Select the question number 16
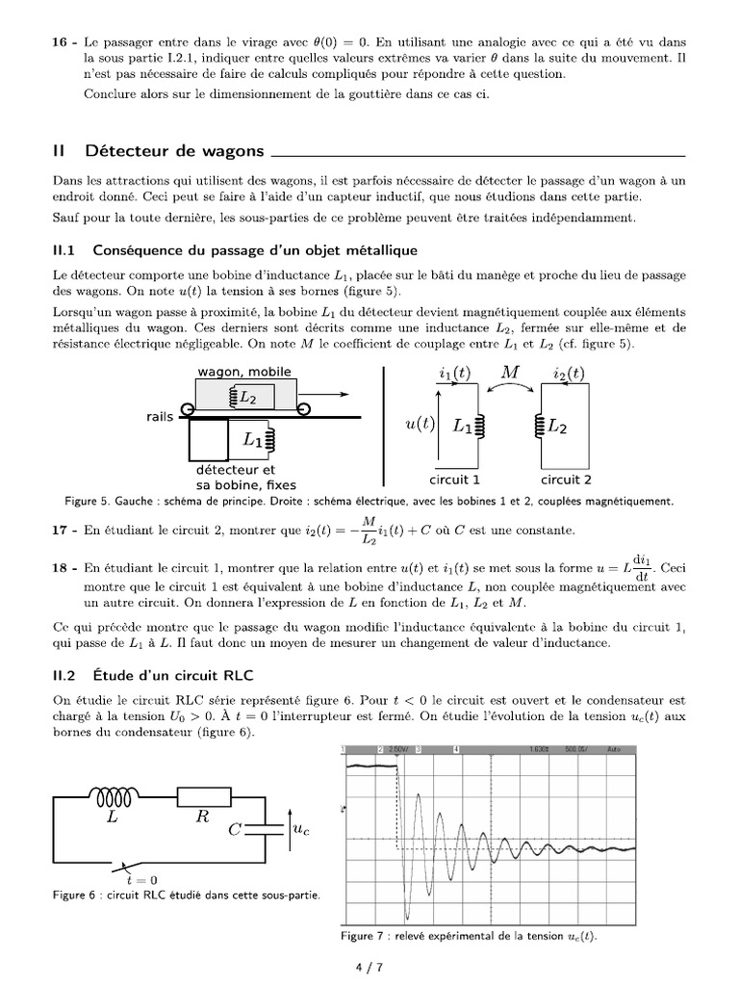(61, 42)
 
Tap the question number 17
(61, 531)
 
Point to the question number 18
(61, 569)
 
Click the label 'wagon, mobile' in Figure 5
(243, 372)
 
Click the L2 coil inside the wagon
(245, 396)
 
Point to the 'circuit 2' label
(566, 480)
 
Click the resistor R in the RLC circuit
(203, 796)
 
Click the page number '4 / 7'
(369, 968)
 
